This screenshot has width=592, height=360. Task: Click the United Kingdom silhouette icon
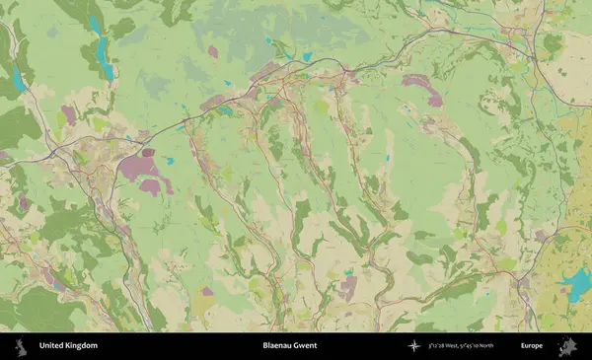pyautogui.click(x=19, y=346)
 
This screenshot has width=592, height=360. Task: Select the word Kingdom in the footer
pyautogui.click(x=82, y=346)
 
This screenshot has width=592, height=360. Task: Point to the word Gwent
pyautogui.click(x=306, y=346)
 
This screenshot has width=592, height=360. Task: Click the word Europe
pyautogui.click(x=532, y=346)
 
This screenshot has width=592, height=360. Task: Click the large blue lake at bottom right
pyautogui.click(x=574, y=287)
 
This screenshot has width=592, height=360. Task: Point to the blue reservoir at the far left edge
pyautogui.click(x=17, y=78)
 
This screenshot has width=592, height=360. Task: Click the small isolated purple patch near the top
pyautogui.click(x=212, y=51)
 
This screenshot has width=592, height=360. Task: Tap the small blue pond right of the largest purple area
pyautogui.click(x=170, y=160)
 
